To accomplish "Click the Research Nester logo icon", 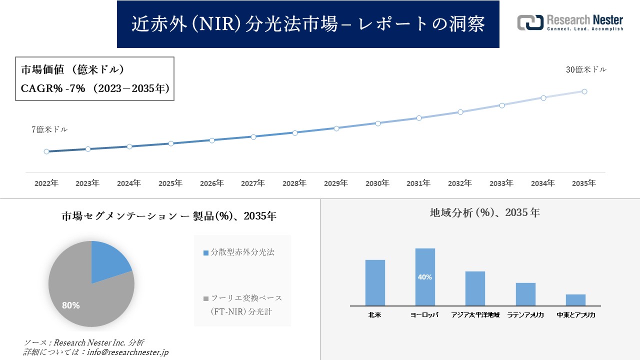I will tap(530, 22).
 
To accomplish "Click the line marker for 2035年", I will tap(584, 91).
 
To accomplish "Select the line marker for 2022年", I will tap(46, 151).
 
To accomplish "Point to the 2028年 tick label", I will tap(294, 183).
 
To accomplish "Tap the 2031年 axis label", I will tap(418, 183).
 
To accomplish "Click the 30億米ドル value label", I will tap(586, 70).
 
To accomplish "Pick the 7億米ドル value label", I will tap(49, 129).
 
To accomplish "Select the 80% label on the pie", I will tap(70, 305).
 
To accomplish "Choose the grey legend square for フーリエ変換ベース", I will tap(206, 299).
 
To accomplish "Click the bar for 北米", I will tap(375, 282).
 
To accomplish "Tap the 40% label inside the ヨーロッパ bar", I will tap(425, 277).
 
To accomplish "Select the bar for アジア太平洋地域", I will tap(475, 288).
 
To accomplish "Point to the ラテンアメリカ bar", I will tap(525, 294).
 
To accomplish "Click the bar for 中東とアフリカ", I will tap(575, 300).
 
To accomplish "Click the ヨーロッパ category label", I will tap(425, 315).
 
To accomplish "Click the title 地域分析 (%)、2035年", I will tap(484, 212).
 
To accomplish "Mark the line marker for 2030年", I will tap(378, 123).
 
